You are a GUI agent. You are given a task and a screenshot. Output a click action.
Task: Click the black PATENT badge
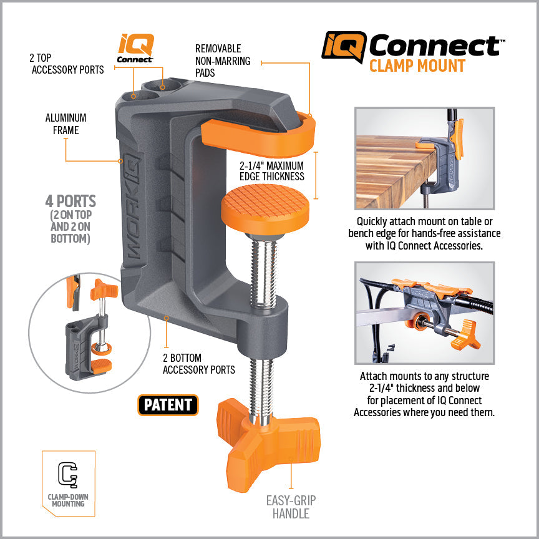(x=168, y=405)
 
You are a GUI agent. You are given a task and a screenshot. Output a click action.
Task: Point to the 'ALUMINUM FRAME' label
(x=66, y=124)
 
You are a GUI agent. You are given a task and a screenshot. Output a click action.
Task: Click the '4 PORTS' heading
(x=70, y=202)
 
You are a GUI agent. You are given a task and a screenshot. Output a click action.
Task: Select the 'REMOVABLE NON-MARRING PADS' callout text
(x=223, y=61)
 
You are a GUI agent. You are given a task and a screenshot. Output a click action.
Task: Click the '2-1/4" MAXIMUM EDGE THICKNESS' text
(x=271, y=171)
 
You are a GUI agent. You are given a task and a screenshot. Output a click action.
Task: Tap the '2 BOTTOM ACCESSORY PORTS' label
(x=198, y=364)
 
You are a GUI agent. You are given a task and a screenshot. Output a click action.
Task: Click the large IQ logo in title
(x=343, y=47)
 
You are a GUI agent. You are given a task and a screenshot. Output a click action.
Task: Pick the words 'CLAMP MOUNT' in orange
(x=417, y=66)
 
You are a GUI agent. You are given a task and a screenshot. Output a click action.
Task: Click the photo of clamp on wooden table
(x=424, y=158)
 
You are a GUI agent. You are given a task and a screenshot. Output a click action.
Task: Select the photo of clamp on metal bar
(x=424, y=313)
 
